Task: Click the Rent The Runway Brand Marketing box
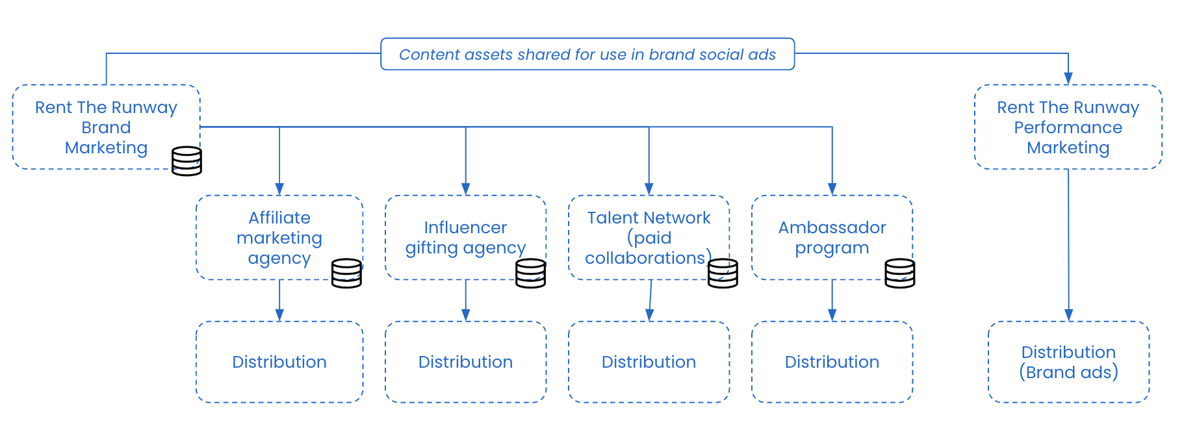(106, 127)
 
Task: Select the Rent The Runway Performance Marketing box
(1068, 127)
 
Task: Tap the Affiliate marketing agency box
(279, 237)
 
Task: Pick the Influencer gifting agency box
(465, 237)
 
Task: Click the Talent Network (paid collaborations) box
(649, 237)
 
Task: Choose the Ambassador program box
(832, 237)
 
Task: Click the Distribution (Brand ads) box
(1068, 362)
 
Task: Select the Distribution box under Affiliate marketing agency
(279, 362)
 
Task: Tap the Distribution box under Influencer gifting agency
(465, 362)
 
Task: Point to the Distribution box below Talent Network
(649, 362)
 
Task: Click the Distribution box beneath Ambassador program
(832, 362)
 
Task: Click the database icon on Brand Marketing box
(187, 161)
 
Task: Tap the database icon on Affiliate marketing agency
(346, 273)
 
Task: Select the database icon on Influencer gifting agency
(530, 273)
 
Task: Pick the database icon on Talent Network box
(723, 273)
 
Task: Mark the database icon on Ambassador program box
(900, 273)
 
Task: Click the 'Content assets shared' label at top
(587, 54)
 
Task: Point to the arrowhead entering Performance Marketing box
(1068, 79)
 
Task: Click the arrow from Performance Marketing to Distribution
(1068, 245)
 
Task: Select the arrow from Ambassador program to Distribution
(832, 300)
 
